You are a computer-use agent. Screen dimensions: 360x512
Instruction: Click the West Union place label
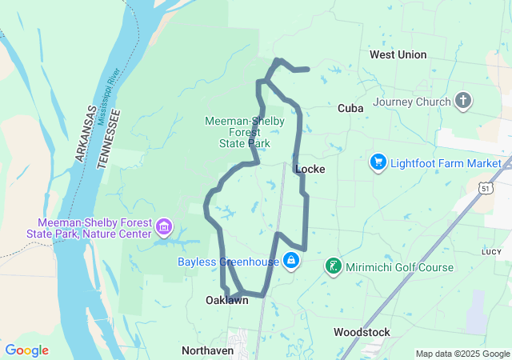(x=398, y=54)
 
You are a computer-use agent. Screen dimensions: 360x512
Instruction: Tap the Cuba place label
(x=350, y=108)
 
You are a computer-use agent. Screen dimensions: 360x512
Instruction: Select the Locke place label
(x=309, y=169)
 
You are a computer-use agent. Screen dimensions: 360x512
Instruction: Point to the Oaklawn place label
(x=226, y=301)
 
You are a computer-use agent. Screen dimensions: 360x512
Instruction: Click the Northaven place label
(x=207, y=350)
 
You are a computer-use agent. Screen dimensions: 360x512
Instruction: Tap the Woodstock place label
(x=362, y=331)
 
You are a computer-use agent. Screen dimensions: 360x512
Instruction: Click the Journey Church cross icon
(x=462, y=101)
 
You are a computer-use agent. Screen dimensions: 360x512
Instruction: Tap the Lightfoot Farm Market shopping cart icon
(x=378, y=163)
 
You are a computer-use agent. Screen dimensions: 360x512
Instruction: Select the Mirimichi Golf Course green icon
(x=333, y=266)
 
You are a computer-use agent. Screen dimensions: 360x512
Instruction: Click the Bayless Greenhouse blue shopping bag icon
(x=291, y=261)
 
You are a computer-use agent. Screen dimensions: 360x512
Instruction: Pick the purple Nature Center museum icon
(x=165, y=228)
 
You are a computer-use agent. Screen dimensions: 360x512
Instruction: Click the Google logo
(x=26, y=350)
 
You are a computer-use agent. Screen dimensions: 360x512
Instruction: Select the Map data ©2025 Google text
(x=462, y=354)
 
